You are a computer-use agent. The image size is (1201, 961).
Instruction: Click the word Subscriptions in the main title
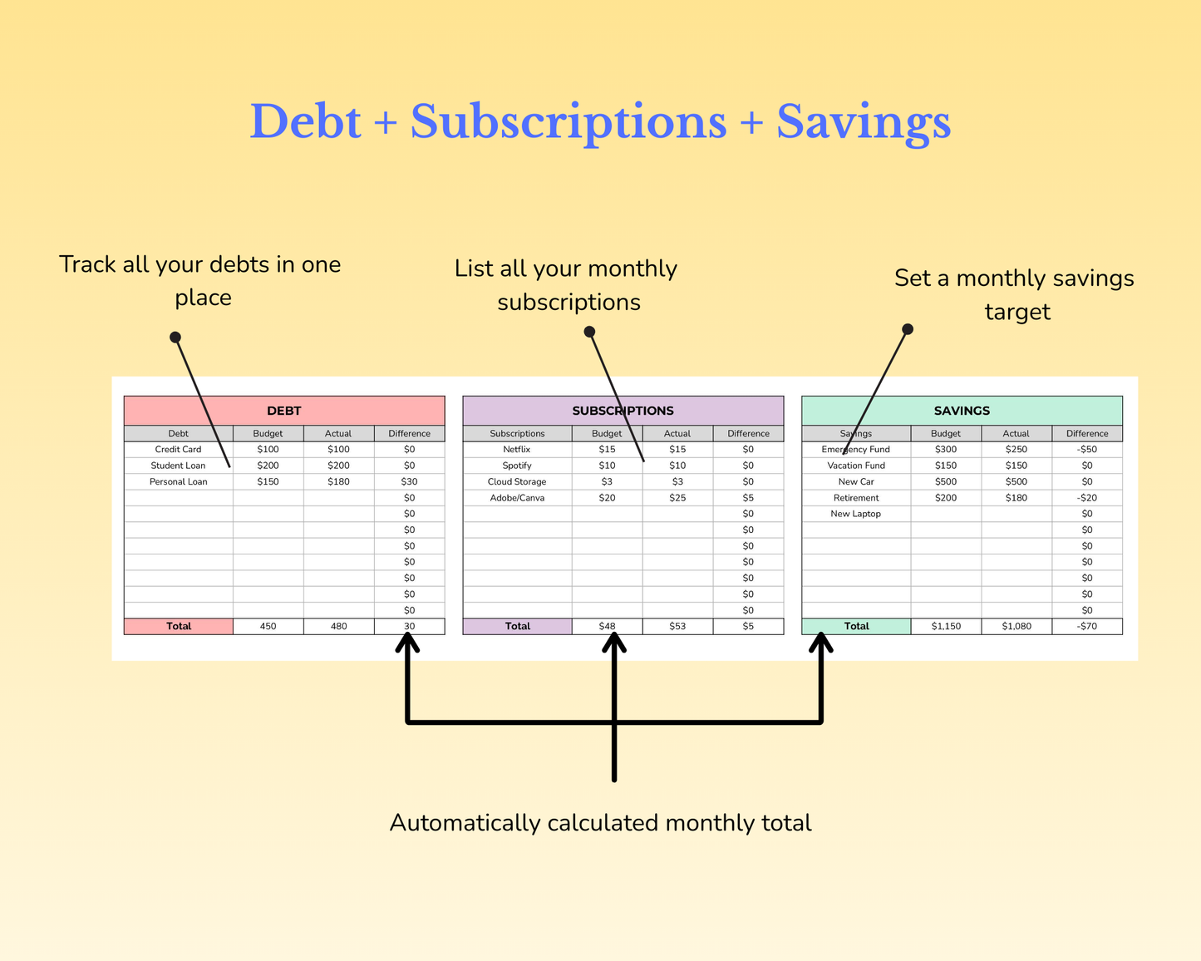pos(569,122)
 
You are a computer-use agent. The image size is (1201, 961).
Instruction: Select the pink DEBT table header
pos(284,411)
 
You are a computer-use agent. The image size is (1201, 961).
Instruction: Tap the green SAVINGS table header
pos(962,411)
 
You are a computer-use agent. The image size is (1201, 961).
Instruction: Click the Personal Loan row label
pos(179,482)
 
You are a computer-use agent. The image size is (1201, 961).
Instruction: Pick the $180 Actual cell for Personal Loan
pos(338,482)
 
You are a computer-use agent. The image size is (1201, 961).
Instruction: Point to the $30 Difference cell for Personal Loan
pos(410,482)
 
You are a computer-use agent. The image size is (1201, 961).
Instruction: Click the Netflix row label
pos(517,450)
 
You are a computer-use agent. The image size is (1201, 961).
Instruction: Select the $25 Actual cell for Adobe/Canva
pos(677,498)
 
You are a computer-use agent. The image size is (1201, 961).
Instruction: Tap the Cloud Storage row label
pos(517,482)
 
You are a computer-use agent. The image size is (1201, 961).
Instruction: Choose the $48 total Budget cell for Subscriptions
pos(607,626)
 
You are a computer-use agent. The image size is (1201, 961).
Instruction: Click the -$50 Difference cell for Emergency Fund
pos(1087,450)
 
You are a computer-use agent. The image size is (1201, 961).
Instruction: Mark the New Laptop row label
pos(856,514)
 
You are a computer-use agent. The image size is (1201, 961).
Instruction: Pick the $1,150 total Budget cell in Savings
pos(946,626)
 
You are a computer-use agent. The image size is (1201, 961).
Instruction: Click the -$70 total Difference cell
pos(1087,626)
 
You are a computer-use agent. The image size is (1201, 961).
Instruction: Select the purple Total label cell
pos(518,626)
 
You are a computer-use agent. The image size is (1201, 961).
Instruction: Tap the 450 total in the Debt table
pos(268,626)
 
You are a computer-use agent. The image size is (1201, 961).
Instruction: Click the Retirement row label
pos(856,498)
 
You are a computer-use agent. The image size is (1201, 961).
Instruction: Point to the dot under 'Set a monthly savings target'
pos(908,329)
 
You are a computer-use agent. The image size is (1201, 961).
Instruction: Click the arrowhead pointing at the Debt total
pos(407,642)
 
